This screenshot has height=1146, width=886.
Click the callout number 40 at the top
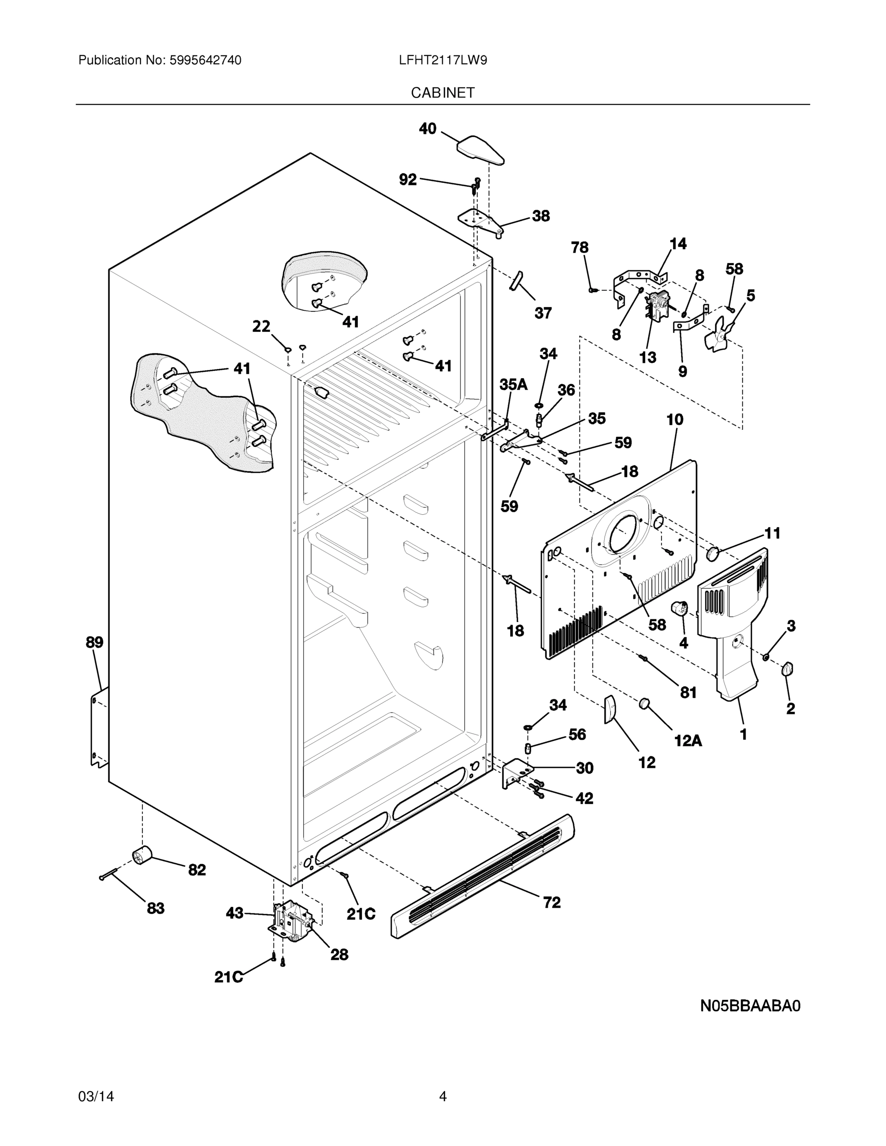click(427, 128)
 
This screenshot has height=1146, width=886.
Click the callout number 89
click(95, 642)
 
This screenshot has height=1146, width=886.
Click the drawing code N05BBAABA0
click(750, 1007)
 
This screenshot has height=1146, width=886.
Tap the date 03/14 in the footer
click(96, 1096)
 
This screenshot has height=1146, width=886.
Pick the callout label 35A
click(513, 384)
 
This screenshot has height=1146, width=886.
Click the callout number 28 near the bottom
click(339, 955)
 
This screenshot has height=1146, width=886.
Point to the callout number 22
click(261, 327)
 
